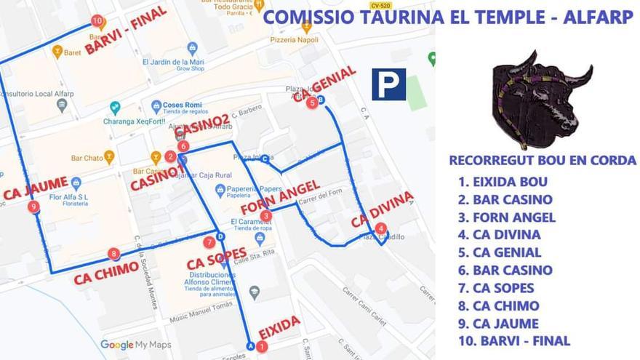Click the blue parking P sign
click(x=388, y=84)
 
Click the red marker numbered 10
click(x=97, y=21)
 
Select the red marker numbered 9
click(x=33, y=207)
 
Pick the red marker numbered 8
click(x=113, y=254)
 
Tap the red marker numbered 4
click(x=381, y=228)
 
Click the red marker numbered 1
click(x=262, y=348)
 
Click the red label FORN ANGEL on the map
click(x=279, y=199)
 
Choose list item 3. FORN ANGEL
click(x=506, y=217)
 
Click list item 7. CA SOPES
click(x=495, y=288)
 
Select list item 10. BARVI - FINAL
click(x=513, y=341)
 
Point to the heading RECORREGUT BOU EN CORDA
click(x=543, y=161)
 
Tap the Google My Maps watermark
click(x=136, y=345)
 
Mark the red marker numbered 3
click(x=268, y=215)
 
